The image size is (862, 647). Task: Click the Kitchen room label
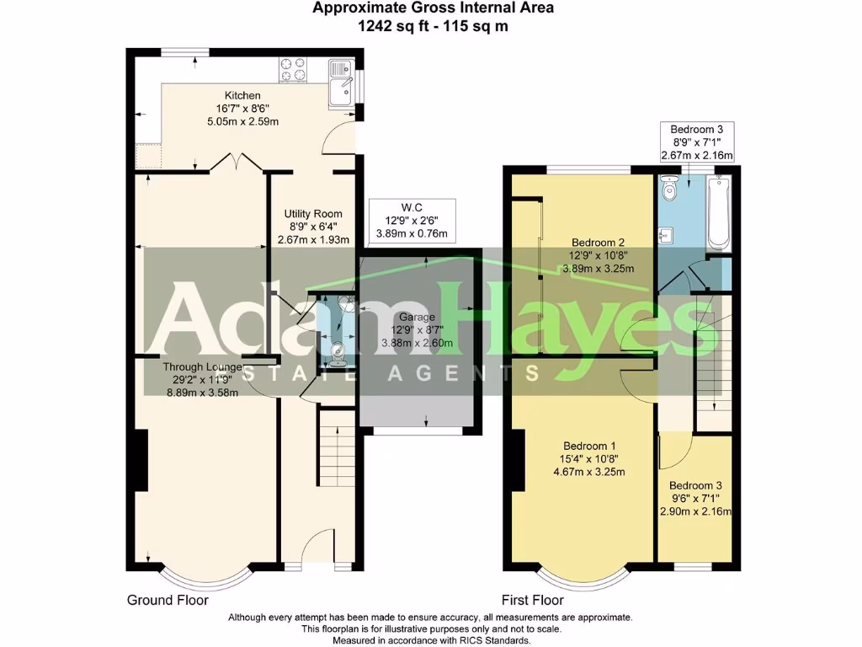tap(242, 95)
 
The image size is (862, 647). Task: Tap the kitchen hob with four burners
tap(293, 70)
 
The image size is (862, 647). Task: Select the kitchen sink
tap(341, 83)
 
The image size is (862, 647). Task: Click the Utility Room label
tap(313, 213)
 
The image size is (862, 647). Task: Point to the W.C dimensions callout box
tap(412, 221)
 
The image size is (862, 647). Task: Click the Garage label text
tap(417, 317)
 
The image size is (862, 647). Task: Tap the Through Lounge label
tap(202, 366)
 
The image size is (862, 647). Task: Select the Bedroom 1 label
tap(589, 446)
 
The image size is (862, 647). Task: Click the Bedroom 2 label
tap(599, 242)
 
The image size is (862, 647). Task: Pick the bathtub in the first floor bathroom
tap(719, 212)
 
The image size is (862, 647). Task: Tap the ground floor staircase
tap(337, 447)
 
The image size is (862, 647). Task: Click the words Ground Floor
tap(168, 600)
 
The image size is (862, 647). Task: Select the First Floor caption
tap(533, 600)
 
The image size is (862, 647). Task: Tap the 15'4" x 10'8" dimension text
tap(589, 459)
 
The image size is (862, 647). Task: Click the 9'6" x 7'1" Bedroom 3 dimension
tap(695, 499)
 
